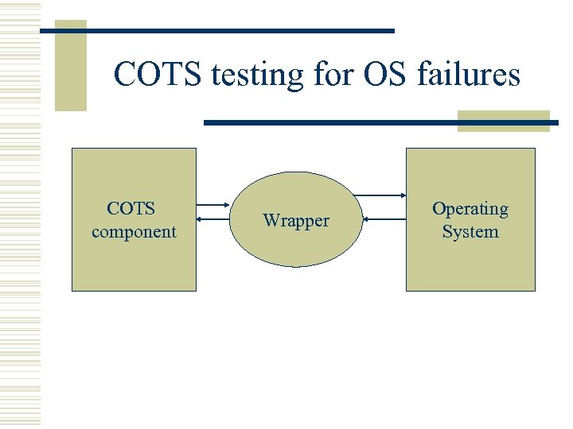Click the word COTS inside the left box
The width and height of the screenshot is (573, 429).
pyautogui.click(x=131, y=209)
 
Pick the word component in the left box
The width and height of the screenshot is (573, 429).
pyautogui.click(x=134, y=232)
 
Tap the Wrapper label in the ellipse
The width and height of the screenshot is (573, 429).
pyautogui.click(x=296, y=221)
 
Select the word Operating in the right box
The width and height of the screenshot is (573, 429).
pyautogui.click(x=470, y=209)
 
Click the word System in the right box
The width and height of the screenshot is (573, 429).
pyautogui.click(x=470, y=232)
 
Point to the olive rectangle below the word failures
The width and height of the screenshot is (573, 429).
pyautogui.click(x=503, y=120)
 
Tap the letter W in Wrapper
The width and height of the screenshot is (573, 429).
pyautogui.click(x=271, y=221)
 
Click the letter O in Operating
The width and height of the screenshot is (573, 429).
pyautogui.click(x=439, y=209)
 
